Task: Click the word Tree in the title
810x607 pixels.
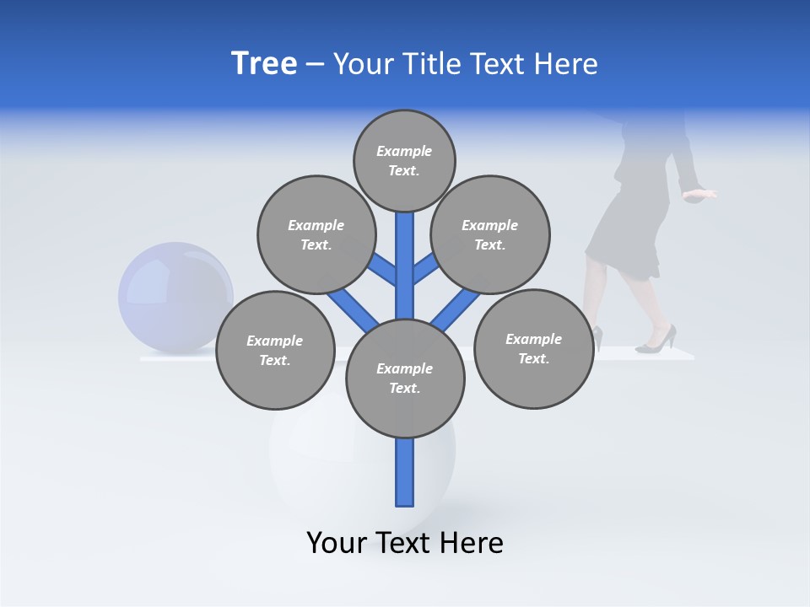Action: [x=264, y=63]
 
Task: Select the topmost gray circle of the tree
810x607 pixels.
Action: [x=404, y=160]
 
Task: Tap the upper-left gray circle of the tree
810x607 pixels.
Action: [x=316, y=234]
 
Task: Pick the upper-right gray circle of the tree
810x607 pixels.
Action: [x=489, y=234]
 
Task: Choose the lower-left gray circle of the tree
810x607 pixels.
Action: [x=275, y=350]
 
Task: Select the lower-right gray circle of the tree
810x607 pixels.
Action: [x=533, y=348]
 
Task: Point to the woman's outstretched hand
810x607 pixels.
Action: [x=700, y=195]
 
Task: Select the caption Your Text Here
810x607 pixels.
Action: [x=404, y=542]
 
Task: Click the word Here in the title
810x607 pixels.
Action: [x=569, y=63]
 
